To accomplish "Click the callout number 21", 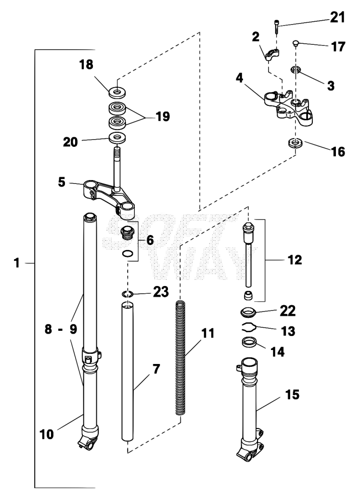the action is click(x=337, y=17).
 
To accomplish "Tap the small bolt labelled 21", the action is click(x=277, y=27).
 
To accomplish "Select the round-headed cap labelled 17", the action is click(x=296, y=43).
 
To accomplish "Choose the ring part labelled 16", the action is click(x=295, y=143).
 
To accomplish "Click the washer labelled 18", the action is click(x=117, y=92).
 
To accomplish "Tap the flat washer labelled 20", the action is click(x=117, y=137).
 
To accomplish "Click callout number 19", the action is click(x=163, y=117).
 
